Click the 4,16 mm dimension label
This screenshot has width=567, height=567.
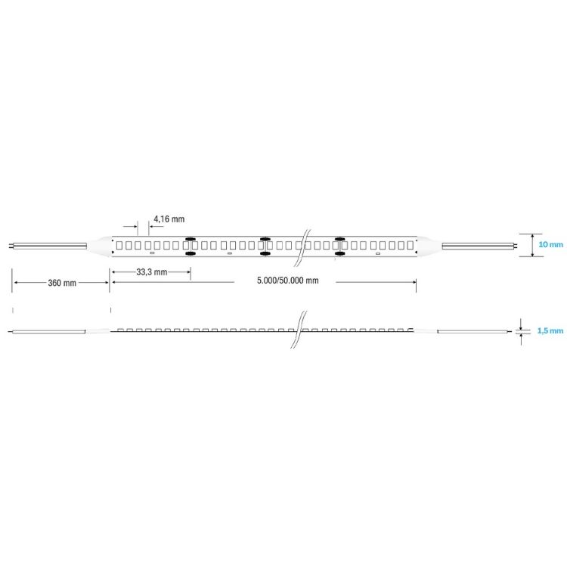pyautogui.click(x=169, y=219)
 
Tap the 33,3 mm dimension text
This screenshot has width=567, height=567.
pyautogui.click(x=152, y=272)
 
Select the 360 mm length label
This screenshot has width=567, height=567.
pyautogui.click(x=62, y=283)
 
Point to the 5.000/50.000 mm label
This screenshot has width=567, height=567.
pyautogui.click(x=288, y=280)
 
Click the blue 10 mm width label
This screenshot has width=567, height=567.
pyautogui.click(x=550, y=244)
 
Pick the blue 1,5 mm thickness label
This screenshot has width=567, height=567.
pyautogui.click(x=550, y=331)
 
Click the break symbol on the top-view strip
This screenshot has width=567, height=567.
pyautogui.click(x=302, y=248)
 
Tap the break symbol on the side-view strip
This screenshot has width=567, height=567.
pyautogui.click(x=299, y=330)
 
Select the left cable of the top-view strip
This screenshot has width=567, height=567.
pyautogui.click(x=48, y=246)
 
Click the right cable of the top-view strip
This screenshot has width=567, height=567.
pyautogui.click(x=479, y=246)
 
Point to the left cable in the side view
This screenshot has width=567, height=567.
pyautogui.click(x=47, y=332)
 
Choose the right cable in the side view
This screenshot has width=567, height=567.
pyautogui.click(x=475, y=331)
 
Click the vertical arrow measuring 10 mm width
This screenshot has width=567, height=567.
pyautogui.click(x=533, y=245)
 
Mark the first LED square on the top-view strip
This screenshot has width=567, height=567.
pyautogui.click(x=119, y=245)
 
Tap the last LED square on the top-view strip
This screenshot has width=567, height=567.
pyautogui.click(x=410, y=245)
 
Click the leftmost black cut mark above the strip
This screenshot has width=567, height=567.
pyautogui.click(x=191, y=239)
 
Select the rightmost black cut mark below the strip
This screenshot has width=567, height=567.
pyautogui.click(x=339, y=254)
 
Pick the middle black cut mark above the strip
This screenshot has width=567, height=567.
pyautogui.click(x=265, y=239)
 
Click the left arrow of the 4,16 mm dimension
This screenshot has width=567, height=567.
pyautogui.click(x=130, y=226)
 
